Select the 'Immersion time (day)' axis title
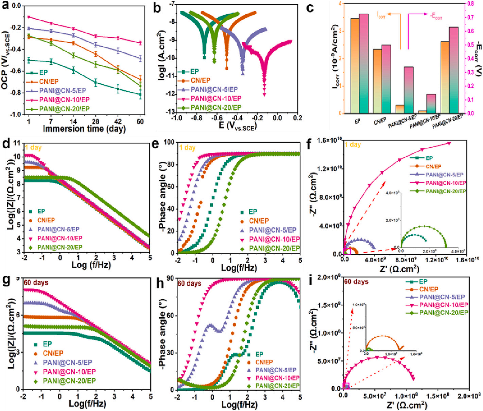coord(84,129)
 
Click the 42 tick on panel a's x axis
coord(118,121)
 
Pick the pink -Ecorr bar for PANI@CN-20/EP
coord(453,70)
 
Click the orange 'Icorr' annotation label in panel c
coord(381,15)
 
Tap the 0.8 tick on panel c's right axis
coord(470,4)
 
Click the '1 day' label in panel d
coord(33,148)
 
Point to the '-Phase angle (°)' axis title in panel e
coord(162,197)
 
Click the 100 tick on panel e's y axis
coord(170,142)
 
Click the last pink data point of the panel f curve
coord(449,143)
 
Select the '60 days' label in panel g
coord(36,283)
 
